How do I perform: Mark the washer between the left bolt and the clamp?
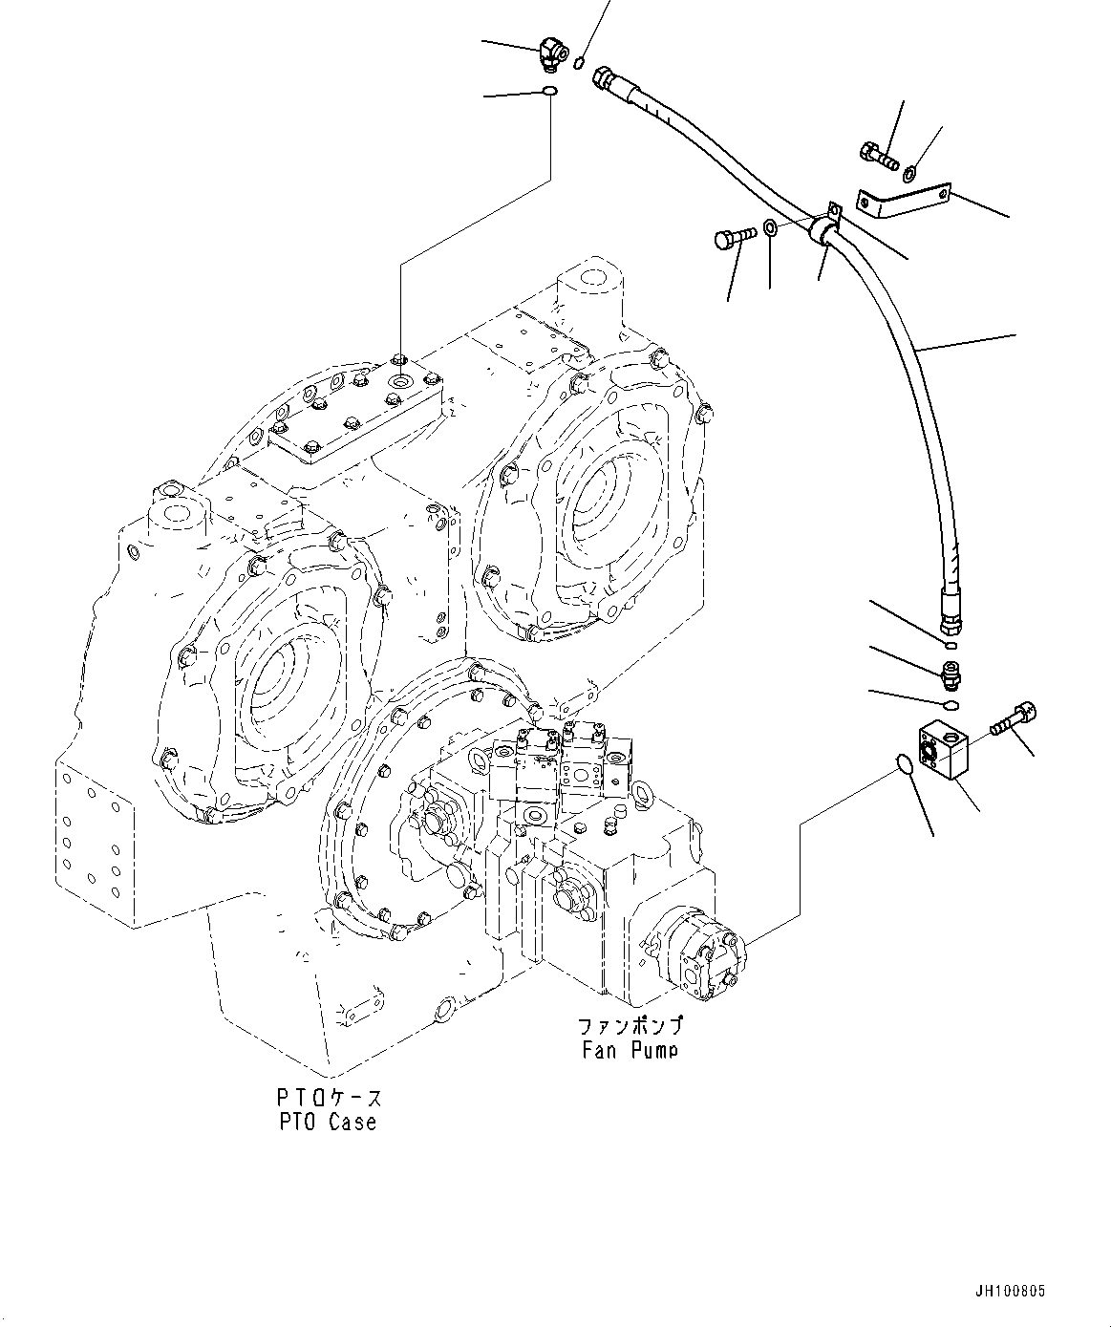(770, 230)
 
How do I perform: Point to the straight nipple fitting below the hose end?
(951, 674)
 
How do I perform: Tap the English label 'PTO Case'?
(328, 1123)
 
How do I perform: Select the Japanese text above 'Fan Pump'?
(629, 1027)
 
